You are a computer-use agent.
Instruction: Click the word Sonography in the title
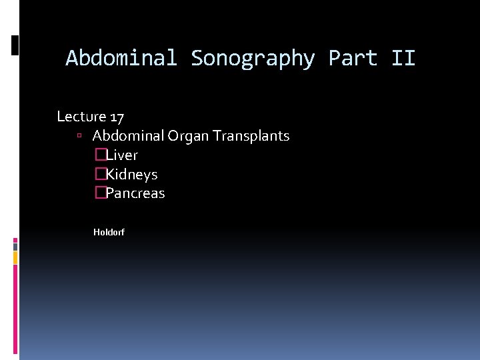click(253, 59)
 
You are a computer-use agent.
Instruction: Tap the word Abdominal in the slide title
click(121, 59)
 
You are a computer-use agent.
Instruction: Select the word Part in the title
click(353, 59)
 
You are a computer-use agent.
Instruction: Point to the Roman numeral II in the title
click(403, 59)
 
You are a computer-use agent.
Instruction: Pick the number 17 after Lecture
click(117, 117)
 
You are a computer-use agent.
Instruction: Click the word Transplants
click(251, 136)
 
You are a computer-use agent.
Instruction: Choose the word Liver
click(122, 155)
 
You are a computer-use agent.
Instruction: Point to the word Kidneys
click(132, 175)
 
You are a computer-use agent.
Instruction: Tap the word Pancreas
click(135, 194)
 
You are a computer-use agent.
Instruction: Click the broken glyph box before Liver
click(100, 155)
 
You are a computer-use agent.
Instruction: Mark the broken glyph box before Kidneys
click(100, 175)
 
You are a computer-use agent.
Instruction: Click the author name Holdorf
click(109, 232)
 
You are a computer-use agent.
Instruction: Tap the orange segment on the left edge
click(15, 257)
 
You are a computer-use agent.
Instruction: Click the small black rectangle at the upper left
click(15, 45)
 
